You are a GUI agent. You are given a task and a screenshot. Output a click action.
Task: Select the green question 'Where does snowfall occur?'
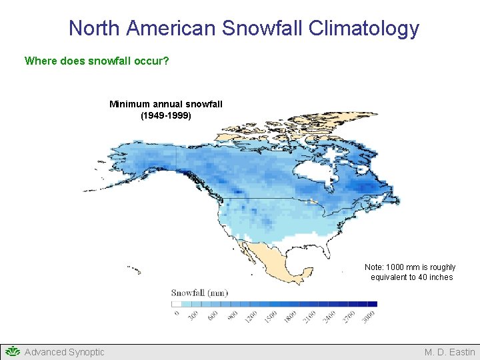(x=97, y=61)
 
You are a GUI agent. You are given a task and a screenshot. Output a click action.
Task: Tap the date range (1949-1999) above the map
(x=166, y=115)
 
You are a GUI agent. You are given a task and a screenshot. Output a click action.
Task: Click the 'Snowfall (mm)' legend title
(x=200, y=293)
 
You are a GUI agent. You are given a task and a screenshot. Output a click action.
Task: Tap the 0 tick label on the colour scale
(x=176, y=313)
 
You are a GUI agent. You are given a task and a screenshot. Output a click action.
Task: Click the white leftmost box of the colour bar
(x=177, y=304)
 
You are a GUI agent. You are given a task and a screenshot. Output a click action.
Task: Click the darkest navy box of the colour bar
(x=372, y=304)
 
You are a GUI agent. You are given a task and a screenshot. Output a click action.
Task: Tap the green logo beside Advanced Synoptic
(x=12, y=351)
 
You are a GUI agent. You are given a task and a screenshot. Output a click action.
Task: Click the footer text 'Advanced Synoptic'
(x=65, y=352)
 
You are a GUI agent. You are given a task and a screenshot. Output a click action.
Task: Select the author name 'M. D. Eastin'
(x=450, y=352)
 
